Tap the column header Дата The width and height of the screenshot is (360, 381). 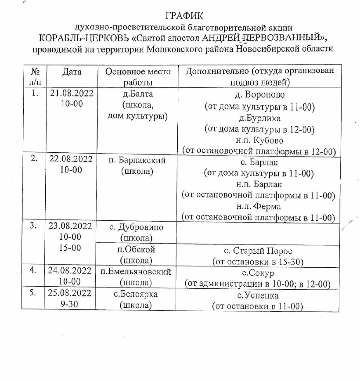(72, 72)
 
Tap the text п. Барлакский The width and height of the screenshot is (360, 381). (137, 160)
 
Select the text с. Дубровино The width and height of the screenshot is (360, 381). (136, 227)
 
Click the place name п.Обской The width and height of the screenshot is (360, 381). (136, 250)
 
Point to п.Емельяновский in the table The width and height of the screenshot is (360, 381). (136, 271)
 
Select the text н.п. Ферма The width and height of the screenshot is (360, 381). (258, 206)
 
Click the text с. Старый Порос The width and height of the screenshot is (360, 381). (258, 251)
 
